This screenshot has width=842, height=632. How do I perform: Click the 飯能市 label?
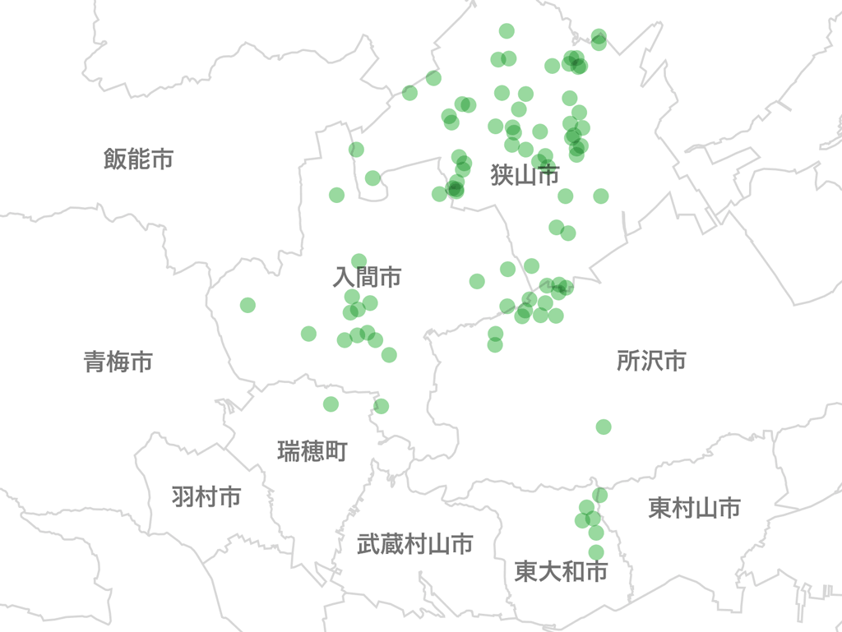pyautogui.click(x=138, y=159)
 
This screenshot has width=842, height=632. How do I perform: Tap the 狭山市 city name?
pyautogui.click(x=525, y=174)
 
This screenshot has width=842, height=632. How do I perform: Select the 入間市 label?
pyautogui.click(x=367, y=277)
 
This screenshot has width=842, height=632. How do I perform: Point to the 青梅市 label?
pyautogui.click(x=118, y=361)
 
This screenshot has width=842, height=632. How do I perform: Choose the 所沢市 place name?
pyautogui.click(x=651, y=361)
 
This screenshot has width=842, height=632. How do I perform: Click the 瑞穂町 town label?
pyautogui.click(x=312, y=450)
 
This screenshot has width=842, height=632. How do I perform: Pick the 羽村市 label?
pyautogui.click(x=206, y=496)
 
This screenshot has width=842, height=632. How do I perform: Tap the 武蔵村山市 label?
pyautogui.click(x=415, y=543)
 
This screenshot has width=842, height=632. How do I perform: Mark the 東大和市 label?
pyautogui.click(x=562, y=571)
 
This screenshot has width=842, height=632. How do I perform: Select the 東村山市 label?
pyautogui.click(x=694, y=508)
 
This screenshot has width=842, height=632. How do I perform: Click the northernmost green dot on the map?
pyautogui.click(x=507, y=31)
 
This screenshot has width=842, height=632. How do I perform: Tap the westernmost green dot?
pyautogui.click(x=248, y=305)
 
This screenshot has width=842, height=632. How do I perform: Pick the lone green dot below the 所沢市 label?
pyautogui.click(x=604, y=427)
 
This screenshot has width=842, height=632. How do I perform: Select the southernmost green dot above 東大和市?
pyautogui.click(x=596, y=552)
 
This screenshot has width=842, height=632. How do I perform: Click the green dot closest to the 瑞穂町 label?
pyautogui.click(x=331, y=404)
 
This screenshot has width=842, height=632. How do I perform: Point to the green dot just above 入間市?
pyautogui.click(x=359, y=261)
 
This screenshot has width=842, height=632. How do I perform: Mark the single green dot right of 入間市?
pyautogui.click(x=477, y=281)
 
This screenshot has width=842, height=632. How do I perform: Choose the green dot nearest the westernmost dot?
pyautogui.click(x=308, y=333)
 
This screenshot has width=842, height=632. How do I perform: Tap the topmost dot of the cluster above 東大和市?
pyautogui.click(x=600, y=495)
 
